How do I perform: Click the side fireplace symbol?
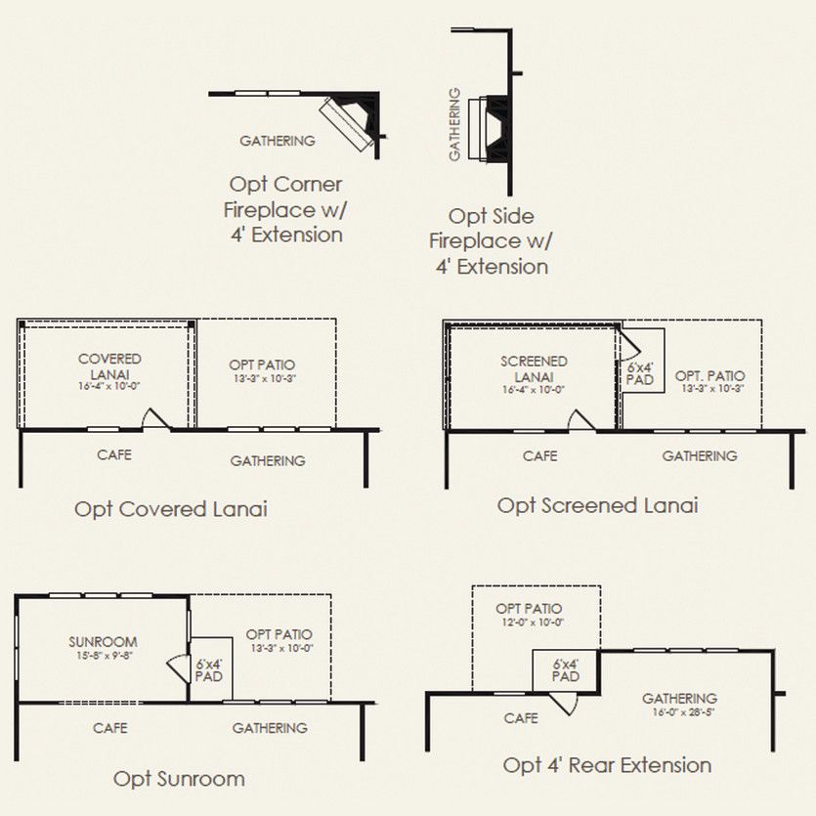click(x=489, y=128)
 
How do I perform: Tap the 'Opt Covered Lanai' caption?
click(x=171, y=509)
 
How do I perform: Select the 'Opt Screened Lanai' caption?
click(x=597, y=506)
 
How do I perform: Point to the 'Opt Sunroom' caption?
click(x=179, y=779)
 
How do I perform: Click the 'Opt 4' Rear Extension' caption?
click(x=607, y=765)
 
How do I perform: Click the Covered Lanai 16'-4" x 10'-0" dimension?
click(x=109, y=386)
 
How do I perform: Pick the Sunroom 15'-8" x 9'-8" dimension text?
click(x=104, y=655)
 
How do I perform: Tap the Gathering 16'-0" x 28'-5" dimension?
click(x=683, y=711)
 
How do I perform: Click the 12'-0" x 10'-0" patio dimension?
click(x=533, y=622)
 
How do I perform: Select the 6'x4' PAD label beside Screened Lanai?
click(x=639, y=373)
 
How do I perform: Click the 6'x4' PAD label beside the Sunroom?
click(x=209, y=670)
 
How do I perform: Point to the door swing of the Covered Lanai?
click(x=155, y=419)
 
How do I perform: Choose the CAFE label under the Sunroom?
click(x=109, y=727)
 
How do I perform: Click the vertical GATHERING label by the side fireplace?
click(x=454, y=124)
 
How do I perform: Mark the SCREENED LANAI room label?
click(x=534, y=369)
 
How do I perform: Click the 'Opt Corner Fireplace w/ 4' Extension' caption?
click(x=285, y=210)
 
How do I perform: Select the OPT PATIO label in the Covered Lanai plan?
click(x=262, y=365)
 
